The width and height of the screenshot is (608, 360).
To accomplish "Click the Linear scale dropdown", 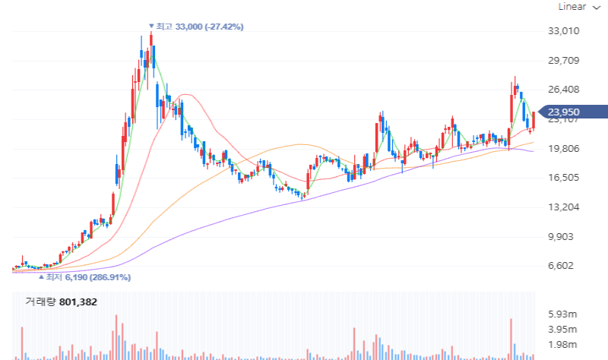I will coord(577,7).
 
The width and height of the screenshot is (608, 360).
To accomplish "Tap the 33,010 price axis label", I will coord(564,31).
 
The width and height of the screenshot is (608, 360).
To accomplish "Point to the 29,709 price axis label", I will coord(564,61).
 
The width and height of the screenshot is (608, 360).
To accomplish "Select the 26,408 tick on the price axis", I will coord(564,90).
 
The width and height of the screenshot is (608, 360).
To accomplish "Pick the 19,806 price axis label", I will coord(564,149).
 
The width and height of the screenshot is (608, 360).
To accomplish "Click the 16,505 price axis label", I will coord(564,178).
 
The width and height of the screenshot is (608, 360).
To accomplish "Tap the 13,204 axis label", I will coord(564,207).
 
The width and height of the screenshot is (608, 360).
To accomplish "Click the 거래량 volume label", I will coord(40,302).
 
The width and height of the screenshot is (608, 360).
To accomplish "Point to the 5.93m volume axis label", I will coord(563,314).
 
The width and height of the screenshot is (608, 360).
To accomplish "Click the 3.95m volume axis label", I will coord(563,330).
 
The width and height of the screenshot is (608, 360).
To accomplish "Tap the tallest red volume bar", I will coord(116,336).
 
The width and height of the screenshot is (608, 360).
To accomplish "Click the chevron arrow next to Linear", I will coord(596,7).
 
